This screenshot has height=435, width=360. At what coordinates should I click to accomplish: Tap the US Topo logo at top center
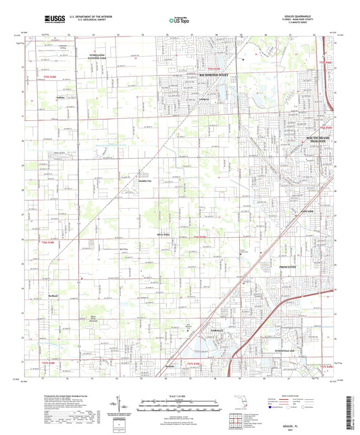click(178, 20)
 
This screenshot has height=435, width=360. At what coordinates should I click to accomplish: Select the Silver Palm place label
click(162, 235)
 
